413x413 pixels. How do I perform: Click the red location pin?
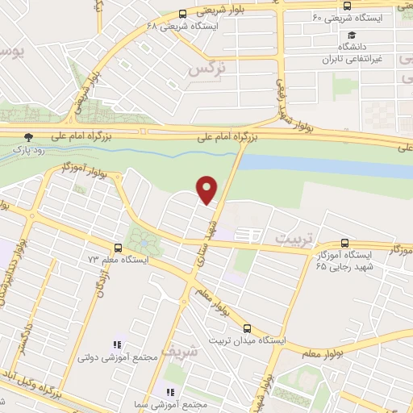pos(208,188)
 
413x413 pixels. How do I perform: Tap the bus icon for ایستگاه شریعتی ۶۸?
pos(183,14)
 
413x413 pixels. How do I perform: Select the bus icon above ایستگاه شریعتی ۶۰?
pos(347,5)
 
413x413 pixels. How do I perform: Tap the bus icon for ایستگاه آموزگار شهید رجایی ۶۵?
pos(345,242)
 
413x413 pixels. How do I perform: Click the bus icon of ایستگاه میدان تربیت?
pos(247,328)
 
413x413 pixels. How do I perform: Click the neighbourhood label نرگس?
pos(204,72)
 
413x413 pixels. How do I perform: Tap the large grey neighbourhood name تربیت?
pos(293,239)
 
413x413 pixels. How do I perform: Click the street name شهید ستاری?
pos(213,230)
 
